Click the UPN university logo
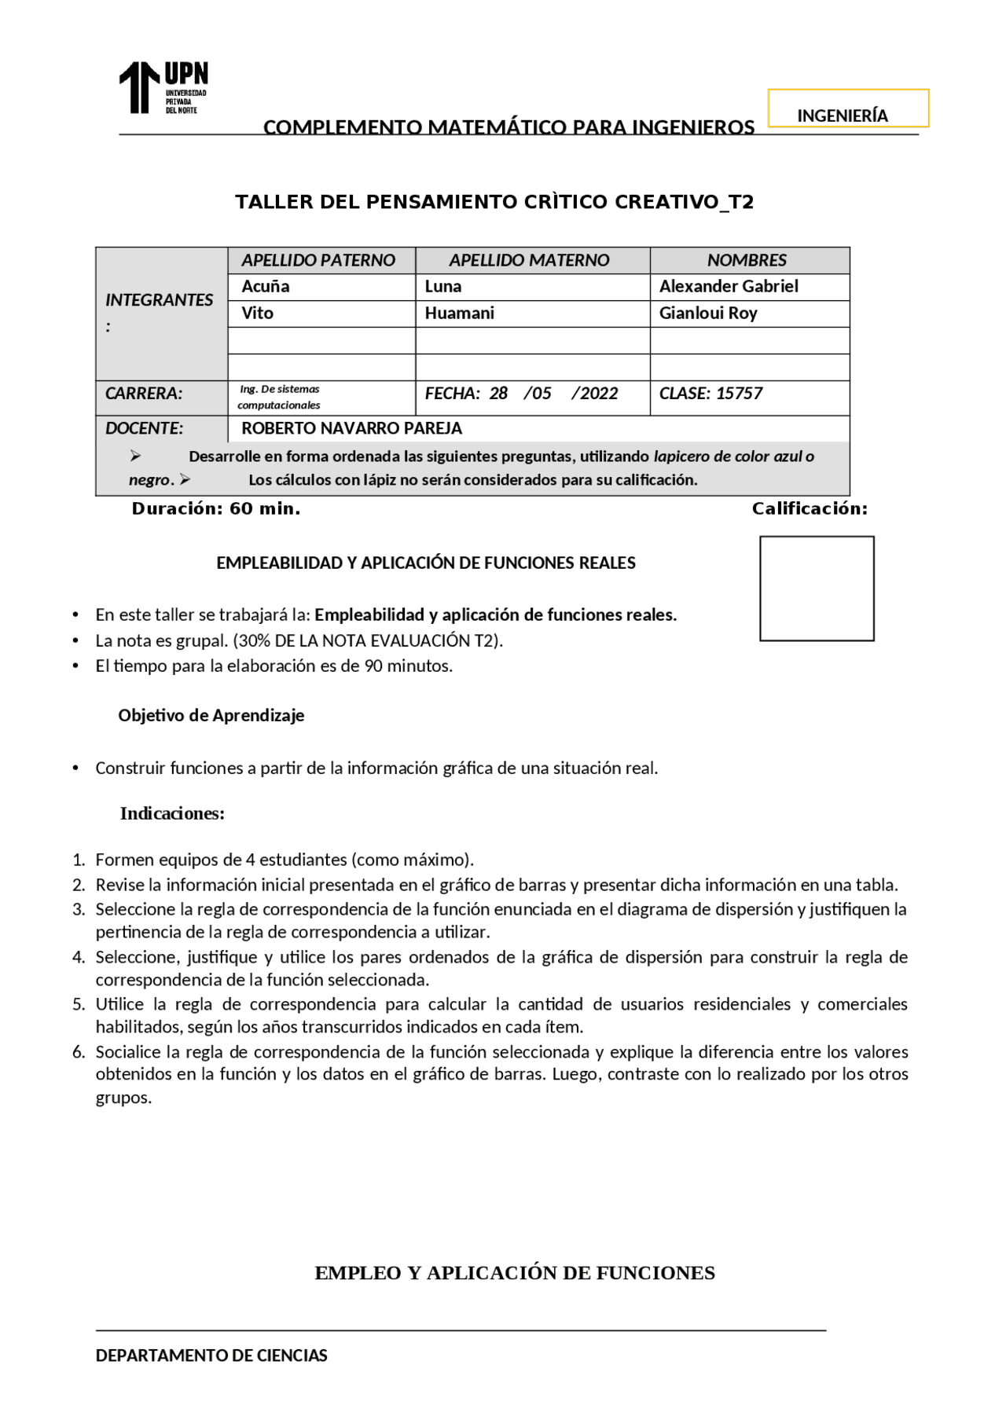[x=163, y=88]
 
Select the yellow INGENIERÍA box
[x=848, y=108]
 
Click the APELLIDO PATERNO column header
[x=318, y=260]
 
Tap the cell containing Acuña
[x=266, y=287]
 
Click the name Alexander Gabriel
[x=729, y=287]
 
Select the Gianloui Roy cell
[x=708, y=314]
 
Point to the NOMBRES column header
[x=747, y=260]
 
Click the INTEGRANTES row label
[x=160, y=300]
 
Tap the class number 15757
[x=740, y=394]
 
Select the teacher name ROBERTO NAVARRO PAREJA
[x=351, y=428]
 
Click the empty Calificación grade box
[x=817, y=589]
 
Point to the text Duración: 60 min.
[x=216, y=509]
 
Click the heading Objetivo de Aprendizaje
[x=211, y=716]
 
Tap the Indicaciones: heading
[x=172, y=814]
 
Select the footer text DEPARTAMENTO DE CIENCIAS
[x=211, y=1355]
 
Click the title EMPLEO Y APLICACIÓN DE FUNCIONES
[x=515, y=1274]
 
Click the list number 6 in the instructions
[x=78, y=1052]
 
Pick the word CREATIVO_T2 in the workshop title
[x=684, y=203]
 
